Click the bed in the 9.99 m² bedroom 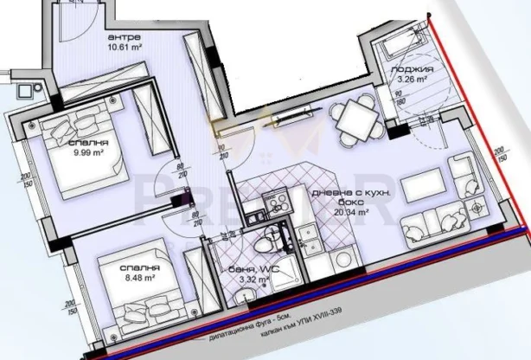[x=91, y=156]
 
